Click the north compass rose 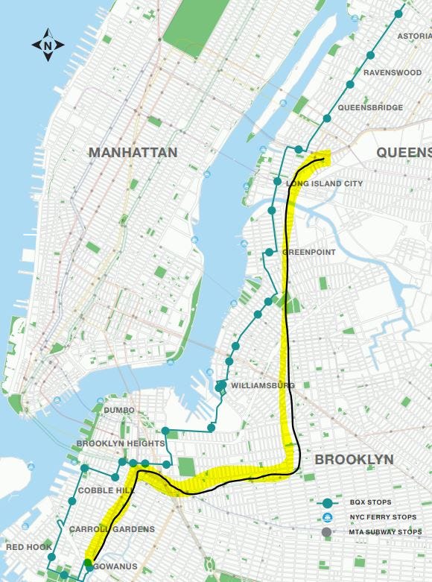48,45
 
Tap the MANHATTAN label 133,153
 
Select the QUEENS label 404,153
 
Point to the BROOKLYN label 354,460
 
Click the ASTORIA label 414,36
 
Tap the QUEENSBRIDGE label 370,108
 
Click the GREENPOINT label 309,253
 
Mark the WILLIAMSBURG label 263,385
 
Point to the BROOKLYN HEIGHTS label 120,444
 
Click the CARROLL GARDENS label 112,529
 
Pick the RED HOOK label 26,547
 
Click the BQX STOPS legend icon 326,502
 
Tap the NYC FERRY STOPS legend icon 326,517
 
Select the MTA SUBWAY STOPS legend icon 326,531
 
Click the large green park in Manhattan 195,26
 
